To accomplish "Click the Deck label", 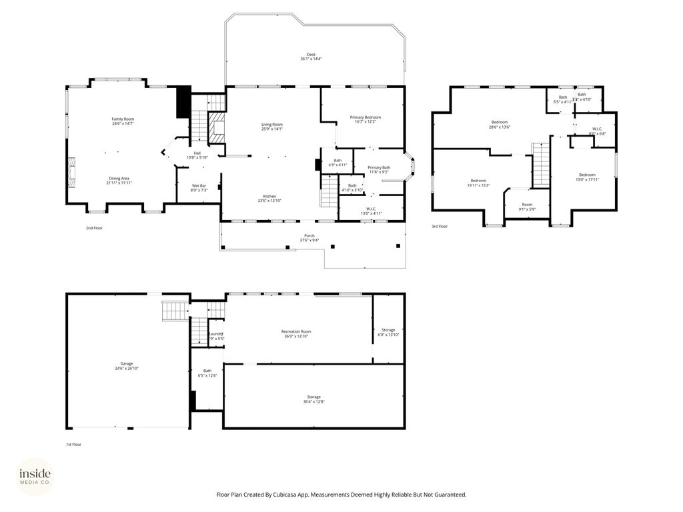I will pyautogui.click(x=311, y=55).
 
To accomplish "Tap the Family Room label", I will pyautogui.click(x=123, y=119).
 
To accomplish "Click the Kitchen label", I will pyautogui.click(x=269, y=196).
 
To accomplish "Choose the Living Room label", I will pyautogui.click(x=271, y=124).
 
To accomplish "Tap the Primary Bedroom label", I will pyautogui.click(x=365, y=117).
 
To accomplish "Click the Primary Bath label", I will pyautogui.click(x=379, y=167).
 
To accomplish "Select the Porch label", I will pyautogui.click(x=309, y=235).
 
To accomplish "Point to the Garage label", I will pyautogui.click(x=127, y=364).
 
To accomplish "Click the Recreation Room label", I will pyautogui.click(x=296, y=331).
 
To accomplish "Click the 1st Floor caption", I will pyautogui.click(x=73, y=444).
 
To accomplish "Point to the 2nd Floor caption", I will pyautogui.click(x=94, y=228).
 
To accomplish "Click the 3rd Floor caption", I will pyautogui.click(x=439, y=227).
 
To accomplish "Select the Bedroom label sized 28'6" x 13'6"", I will pyautogui.click(x=500, y=122).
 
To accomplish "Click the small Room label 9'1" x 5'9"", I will pyautogui.click(x=527, y=205).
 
